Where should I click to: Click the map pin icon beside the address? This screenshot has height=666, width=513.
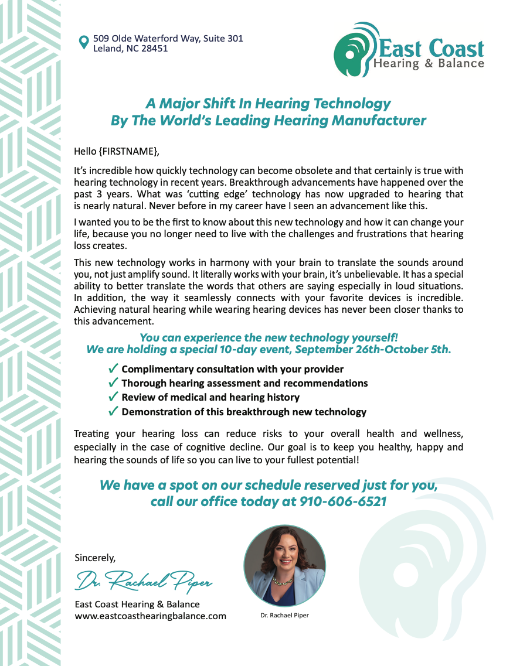coord(84,42)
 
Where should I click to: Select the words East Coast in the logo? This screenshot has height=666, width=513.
coord(432,49)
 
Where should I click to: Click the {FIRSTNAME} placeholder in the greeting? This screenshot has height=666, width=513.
coord(128,151)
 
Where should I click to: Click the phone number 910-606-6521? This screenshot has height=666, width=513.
coord(343,501)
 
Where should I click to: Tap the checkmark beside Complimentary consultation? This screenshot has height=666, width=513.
coord(114,369)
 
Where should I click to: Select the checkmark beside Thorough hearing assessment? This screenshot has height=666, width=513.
coord(114,383)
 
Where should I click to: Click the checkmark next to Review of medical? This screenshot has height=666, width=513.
coord(114,397)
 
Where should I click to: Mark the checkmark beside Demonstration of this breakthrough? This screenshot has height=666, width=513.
coord(114,411)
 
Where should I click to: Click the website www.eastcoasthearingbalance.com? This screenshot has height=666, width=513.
coord(150,616)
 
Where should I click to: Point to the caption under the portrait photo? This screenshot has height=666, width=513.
coord(284,616)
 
